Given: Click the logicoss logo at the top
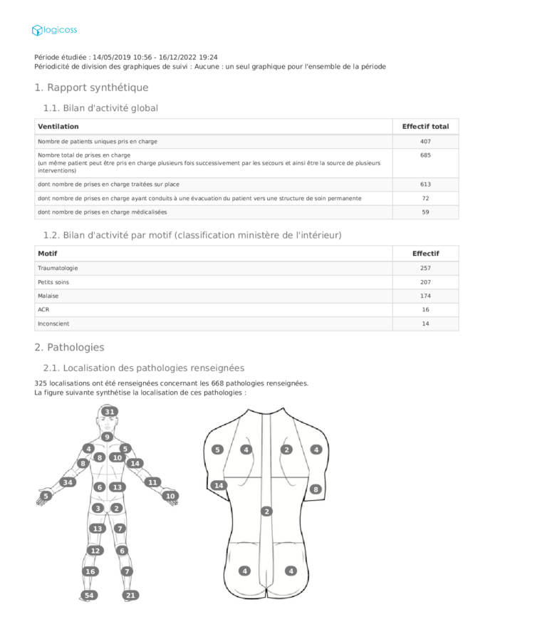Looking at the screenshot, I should [54, 30].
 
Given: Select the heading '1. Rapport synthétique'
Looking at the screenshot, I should [91, 88].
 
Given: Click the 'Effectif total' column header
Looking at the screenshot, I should [425, 126].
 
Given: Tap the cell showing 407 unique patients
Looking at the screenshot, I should [425, 141].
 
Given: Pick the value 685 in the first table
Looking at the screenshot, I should [425, 155].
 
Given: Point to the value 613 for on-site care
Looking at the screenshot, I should [425, 185].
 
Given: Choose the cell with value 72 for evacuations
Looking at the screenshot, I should [425, 198].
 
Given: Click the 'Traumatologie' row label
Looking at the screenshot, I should [58, 268].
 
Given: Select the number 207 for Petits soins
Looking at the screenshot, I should [425, 282].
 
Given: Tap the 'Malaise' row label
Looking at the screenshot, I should [48, 296].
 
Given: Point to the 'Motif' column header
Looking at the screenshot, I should [48, 253].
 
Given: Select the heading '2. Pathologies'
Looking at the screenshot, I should [69, 348].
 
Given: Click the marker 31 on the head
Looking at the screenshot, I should [109, 412].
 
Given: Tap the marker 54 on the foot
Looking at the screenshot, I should [89, 595].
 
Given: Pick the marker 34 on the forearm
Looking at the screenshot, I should [68, 482].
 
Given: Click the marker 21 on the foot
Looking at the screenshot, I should [130, 595].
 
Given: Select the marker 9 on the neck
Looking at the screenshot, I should [107, 437].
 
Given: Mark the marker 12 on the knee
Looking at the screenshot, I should [95, 551].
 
